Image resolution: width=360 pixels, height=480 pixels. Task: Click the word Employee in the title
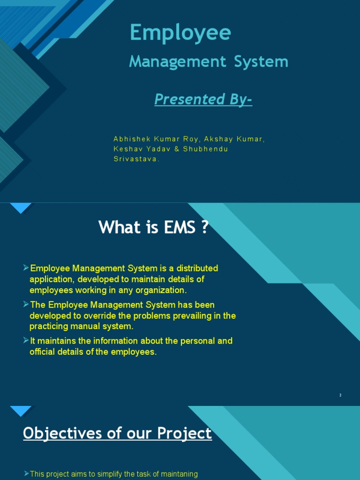tap(180, 33)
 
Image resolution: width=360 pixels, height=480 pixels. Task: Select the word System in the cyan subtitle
tap(262, 61)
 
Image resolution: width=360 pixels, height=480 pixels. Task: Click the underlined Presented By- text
tap(203, 99)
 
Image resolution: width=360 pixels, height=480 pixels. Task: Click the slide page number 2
tap(341, 396)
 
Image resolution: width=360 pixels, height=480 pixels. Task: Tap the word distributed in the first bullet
tap(194, 269)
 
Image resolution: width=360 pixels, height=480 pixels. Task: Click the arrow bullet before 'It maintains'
tap(26, 340)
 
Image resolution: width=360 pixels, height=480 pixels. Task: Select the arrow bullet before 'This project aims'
tap(26, 474)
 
